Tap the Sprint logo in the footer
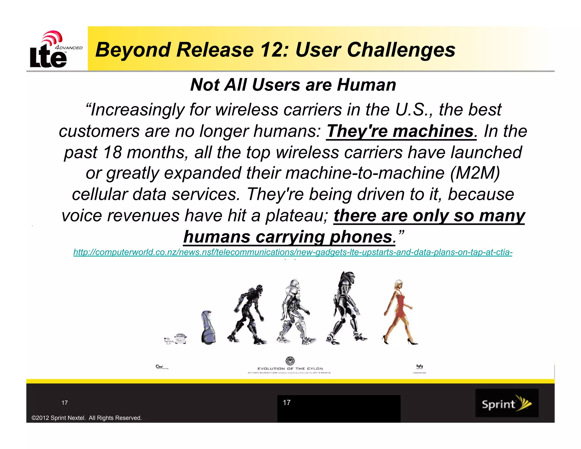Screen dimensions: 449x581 [x=507, y=403]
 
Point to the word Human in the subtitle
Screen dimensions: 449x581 [x=366, y=85]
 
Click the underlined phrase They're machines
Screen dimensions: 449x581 [x=400, y=131]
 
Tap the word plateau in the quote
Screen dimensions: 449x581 [x=296, y=216]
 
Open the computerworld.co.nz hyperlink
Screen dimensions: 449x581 [x=292, y=252]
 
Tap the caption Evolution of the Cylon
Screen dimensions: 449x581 [x=290, y=368]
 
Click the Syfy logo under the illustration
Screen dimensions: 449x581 [x=419, y=366]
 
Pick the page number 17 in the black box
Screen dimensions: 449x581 [x=287, y=402]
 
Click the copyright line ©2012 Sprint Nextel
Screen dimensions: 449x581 [x=87, y=418]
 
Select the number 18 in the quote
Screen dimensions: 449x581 [x=112, y=152]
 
